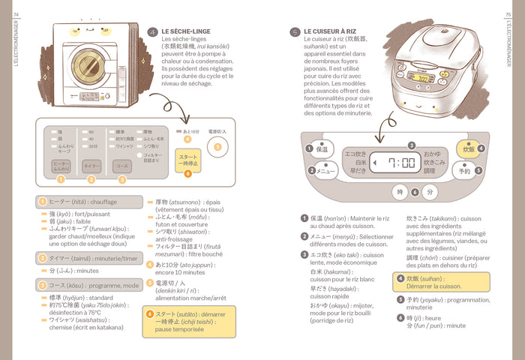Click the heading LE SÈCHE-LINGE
tap(186, 31)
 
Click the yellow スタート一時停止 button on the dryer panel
tap(187, 159)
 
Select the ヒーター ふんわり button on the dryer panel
tap(61, 166)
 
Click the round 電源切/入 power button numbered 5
tap(218, 147)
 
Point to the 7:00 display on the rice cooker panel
tap(401, 162)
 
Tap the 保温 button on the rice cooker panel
tap(321, 148)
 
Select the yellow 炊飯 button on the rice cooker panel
tap(468, 149)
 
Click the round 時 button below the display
tap(400, 192)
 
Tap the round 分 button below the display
tap(429, 192)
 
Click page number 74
tap(16, 6)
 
